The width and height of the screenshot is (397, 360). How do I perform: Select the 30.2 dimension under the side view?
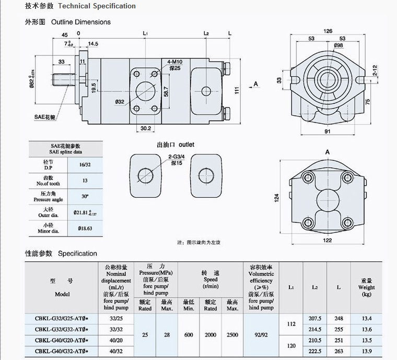coord(146,129)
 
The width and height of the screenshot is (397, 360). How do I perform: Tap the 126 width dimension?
coord(328,31)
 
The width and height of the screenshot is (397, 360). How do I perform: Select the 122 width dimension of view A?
coord(328,241)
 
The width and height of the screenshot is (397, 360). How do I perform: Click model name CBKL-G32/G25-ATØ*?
coord(62,318)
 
